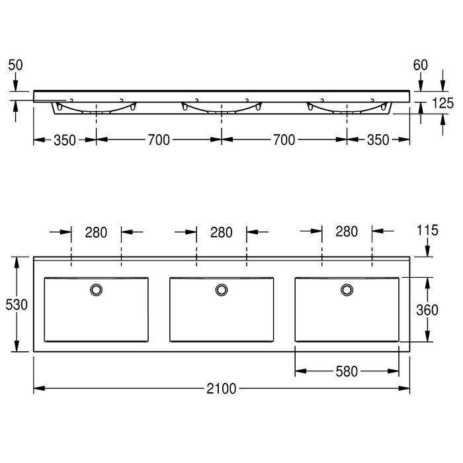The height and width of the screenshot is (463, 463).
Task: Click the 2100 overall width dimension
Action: click(x=221, y=389)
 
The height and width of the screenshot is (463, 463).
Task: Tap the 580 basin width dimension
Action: click(x=347, y=372)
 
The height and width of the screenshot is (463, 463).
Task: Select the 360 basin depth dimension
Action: click(x=427, y=310)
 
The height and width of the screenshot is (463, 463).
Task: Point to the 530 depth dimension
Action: click(x=17, y=304)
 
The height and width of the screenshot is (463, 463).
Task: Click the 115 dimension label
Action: click(x=427, y=230)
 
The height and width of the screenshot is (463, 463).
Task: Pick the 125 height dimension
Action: click(x=442, y=103)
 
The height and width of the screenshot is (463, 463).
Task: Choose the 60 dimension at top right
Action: click(x=421, y=65)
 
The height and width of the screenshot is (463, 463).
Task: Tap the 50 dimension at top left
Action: click(x=15, y=65)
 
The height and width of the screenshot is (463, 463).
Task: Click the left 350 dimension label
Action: click(x=65, y=140)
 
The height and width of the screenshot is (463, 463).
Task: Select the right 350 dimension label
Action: click(x=378, y=140)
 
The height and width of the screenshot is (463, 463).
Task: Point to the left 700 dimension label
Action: click(x=159, y=140)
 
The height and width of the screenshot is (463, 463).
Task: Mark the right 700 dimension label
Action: click(x=284, y=140)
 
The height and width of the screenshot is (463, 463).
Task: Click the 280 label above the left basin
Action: click(x=96, y=233)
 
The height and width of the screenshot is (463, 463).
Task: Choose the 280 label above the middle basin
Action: click(x=221, y=233)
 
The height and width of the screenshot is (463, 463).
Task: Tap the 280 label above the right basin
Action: click(x=347, y=232)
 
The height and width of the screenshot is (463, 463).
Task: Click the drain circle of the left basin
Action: click(x=97, y=290)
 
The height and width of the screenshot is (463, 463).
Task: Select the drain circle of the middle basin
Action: click(x=222, y=290)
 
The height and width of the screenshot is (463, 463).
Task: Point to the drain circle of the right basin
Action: click(x=347, y=290)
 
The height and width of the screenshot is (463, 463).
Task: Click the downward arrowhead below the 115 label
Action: click(x=427, y=251)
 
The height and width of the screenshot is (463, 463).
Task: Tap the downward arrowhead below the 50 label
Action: click(x=15, y=86)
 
